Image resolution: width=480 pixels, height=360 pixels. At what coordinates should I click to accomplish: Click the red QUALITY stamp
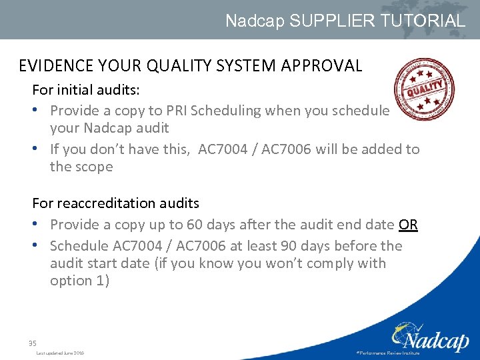424,89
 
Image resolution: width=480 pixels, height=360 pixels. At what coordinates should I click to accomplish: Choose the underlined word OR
408,225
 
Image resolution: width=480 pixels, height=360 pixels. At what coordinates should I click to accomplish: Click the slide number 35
32,343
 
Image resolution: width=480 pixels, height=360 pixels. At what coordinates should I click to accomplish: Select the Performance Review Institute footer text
388,353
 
